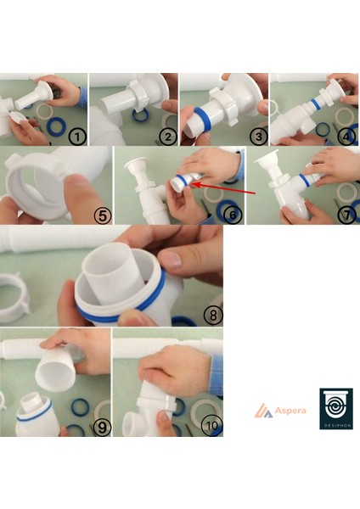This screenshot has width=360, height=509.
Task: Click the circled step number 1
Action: (x=77, y=137)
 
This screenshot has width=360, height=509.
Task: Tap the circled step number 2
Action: (x=167, y=137)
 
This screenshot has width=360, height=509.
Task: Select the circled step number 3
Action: (x=259, y=137)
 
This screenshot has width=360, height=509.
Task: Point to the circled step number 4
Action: (x=346, y=137)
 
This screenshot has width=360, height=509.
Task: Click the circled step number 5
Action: (x=103, y=215)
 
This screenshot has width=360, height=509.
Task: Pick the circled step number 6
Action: (x=233, y=215)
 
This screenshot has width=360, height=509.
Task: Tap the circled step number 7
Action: (x=346, y=215)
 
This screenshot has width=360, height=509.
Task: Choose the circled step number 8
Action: (x=213, y=316)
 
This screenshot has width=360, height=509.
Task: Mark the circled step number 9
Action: (x=102, y=428)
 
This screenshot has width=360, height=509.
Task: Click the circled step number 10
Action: (x=212, y=426)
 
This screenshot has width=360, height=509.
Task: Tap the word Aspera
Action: (x=290, y=411)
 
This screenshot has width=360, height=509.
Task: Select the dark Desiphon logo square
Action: (x=336, y=409)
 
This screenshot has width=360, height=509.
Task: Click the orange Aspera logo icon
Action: (x=263, y=411)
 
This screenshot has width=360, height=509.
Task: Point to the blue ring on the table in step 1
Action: (x=57, y=127)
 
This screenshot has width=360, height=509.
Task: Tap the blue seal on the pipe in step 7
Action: (x=304, y=181)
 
